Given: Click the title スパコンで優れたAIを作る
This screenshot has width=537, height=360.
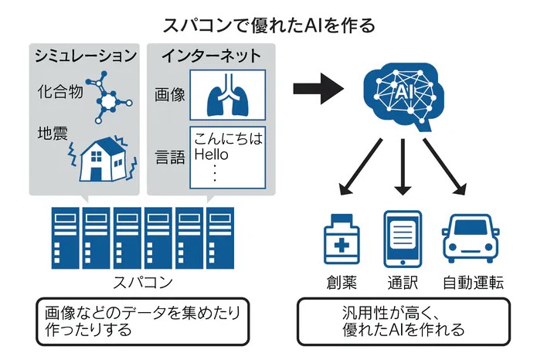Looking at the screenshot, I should (269, 25).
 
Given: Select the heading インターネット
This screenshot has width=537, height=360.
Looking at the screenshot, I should (211, 56).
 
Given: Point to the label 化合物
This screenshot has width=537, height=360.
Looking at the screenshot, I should (56, 91).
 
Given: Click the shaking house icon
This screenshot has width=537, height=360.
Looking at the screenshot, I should (100, 158).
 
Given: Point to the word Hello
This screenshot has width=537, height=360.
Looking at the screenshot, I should (212, 155).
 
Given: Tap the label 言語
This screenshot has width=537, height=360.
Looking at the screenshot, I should (169, 158).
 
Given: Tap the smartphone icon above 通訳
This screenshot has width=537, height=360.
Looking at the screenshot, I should (403, 239).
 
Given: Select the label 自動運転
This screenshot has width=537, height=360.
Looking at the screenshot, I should (473, 281).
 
